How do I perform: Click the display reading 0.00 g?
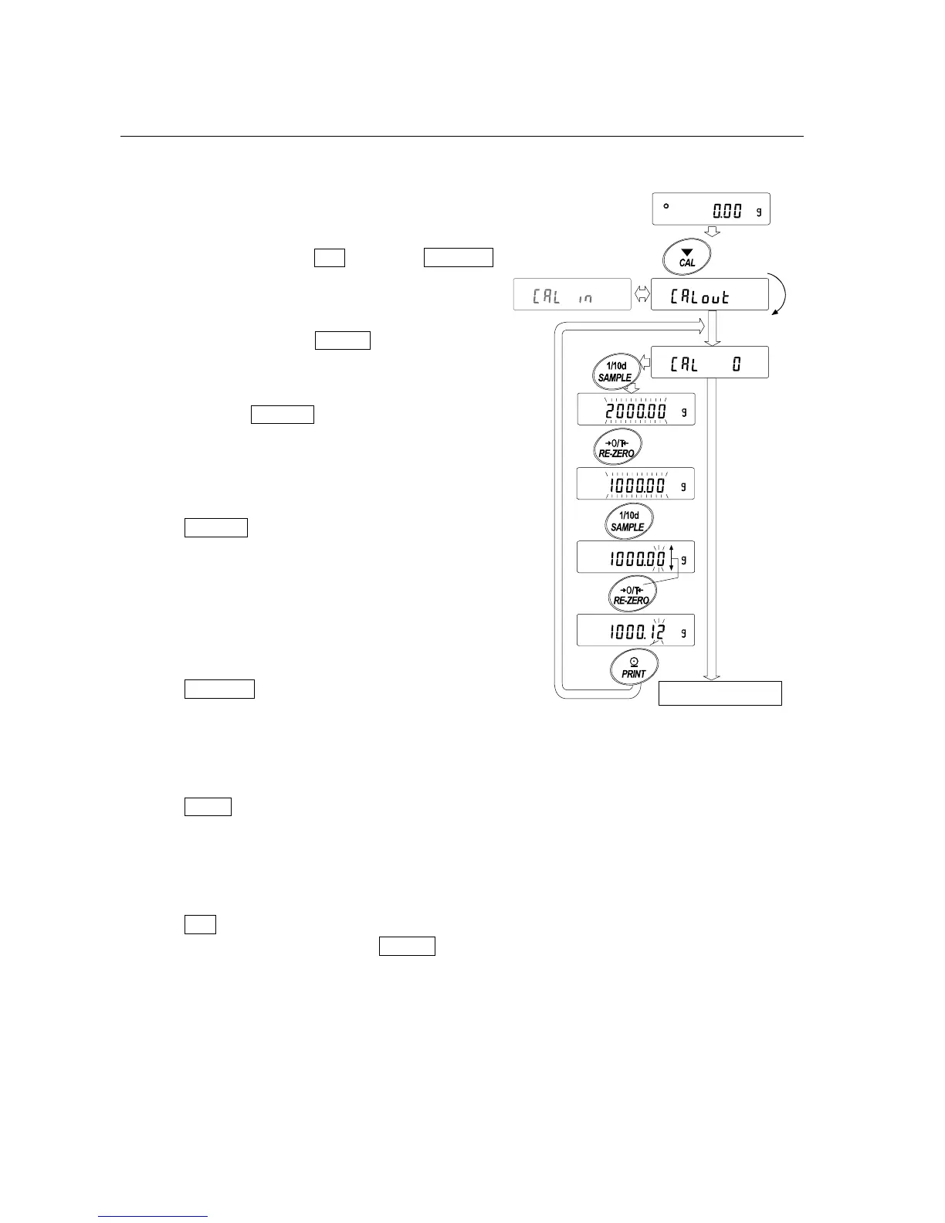pyautogui.click(x=710, y=209)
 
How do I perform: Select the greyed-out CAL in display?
pyautogui.click(x=571, y=294)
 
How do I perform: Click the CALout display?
pyautogui.click(x=710, y=294)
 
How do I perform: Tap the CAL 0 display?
pyautogui.click(x=710, y=362)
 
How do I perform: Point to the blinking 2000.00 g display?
pyautogui.click(x=635, y=410)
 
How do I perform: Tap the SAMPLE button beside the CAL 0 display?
pyautogui.click(x=615, y=371)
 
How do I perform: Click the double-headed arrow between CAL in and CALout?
pyautogui.click(x=641, y=294)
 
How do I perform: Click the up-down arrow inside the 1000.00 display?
pyautogui.click(x=672, y=557)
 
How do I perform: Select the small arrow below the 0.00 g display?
pyautogui.click(x=713, y=231)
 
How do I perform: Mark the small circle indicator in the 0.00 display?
pyautogui.click(x=666, y=206)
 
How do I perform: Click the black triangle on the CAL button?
pyautogui.click(x=687, y=252)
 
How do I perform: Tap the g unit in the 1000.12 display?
pyautogui.click(x=683, y=632)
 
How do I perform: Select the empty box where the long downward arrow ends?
pyautogui.click(x=720, y=693)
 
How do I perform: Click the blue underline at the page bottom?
pyautogui.click(x=153, y=1217)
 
